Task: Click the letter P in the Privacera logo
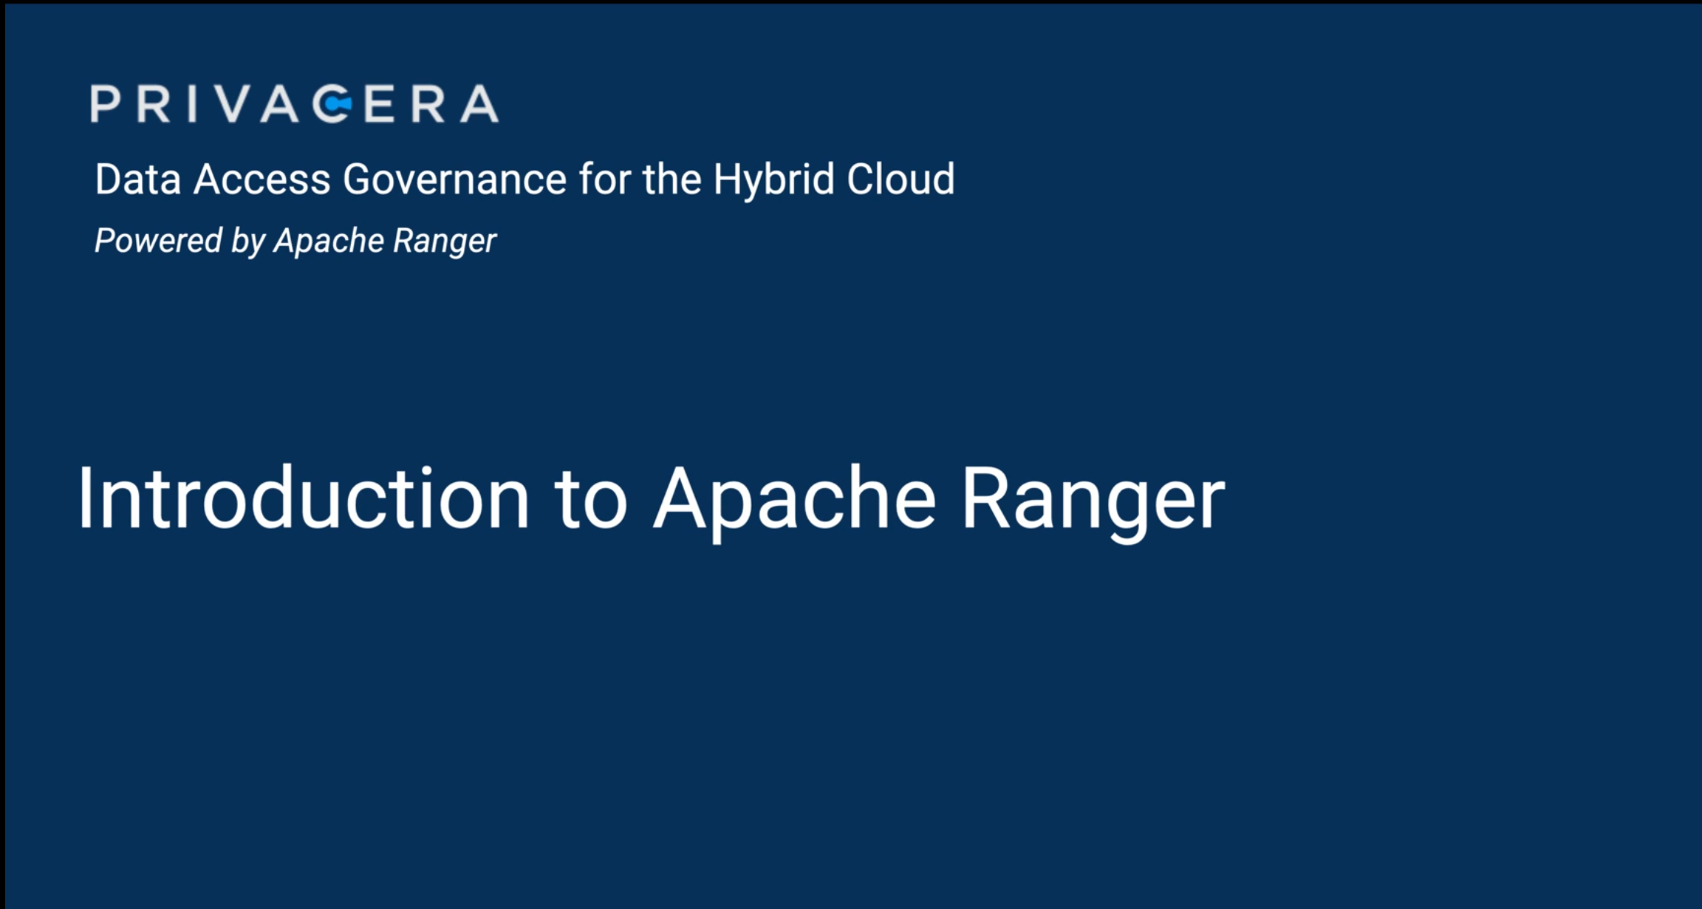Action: (106, 103)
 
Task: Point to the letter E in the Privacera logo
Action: (379, 103)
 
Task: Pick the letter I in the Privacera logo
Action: (192, 103)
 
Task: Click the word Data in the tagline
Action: (138, 179)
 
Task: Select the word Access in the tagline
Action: (262, 179)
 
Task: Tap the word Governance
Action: (454, 179)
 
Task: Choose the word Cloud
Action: (900, 179)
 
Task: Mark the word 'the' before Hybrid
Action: (671, 179)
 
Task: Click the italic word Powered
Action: (158, 241)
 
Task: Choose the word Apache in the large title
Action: (795, 500)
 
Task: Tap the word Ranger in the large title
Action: (1093, 500)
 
